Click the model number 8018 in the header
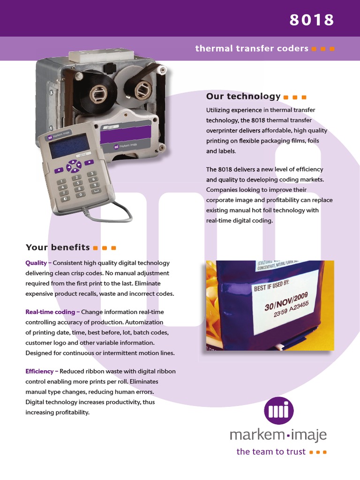(x=311, y=20)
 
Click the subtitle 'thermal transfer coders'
(x=252, y=48)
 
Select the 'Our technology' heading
(x=243, y=96)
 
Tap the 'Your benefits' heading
(x=58, y=247)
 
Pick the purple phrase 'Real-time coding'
(x=50, y=312)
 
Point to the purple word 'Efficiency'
(x=40, y=371)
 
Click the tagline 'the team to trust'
(x=271, y=452)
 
